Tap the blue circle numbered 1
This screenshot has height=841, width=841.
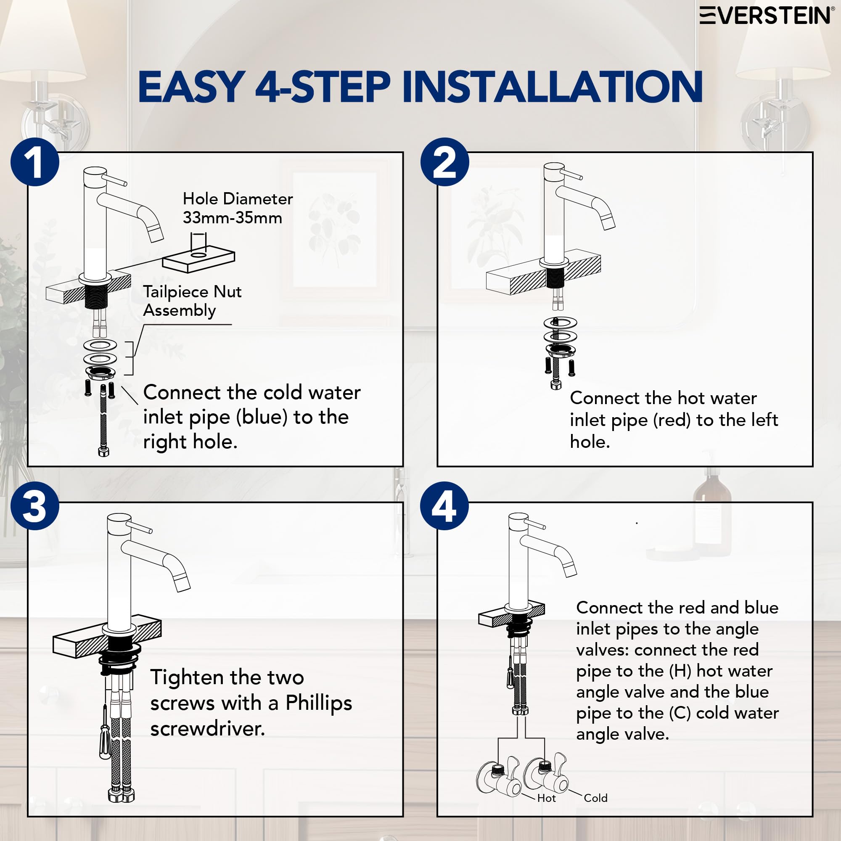point(35,162)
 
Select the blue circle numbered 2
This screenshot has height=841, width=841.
point(444,162)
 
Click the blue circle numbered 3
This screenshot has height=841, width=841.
point(35,506)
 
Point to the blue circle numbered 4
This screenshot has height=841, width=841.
point(444,506)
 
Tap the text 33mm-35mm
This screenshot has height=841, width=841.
point(233,217)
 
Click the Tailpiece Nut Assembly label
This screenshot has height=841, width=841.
point(192,301)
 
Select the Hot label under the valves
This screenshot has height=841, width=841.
point(546,798)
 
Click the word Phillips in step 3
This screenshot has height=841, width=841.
point(319,703)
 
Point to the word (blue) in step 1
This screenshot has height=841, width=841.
point(262,417)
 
